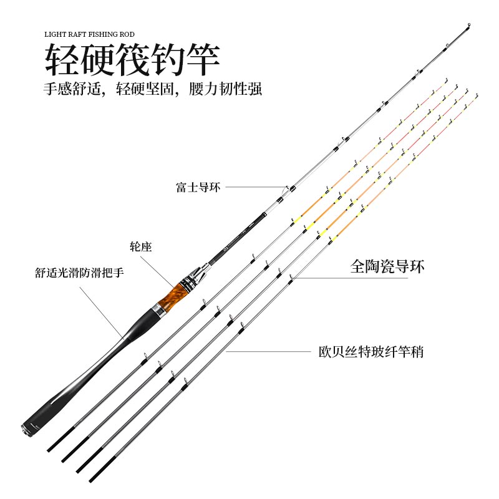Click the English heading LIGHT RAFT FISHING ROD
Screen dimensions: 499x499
coord(89,35)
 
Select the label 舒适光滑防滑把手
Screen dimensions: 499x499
coord(79,273)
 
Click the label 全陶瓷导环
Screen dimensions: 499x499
coord(387,267)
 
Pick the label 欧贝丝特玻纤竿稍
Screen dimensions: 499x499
coord(371,352)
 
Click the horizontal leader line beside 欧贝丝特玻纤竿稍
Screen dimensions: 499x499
coord(268,352)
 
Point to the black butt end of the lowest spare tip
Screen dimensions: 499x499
coord(95,477)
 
